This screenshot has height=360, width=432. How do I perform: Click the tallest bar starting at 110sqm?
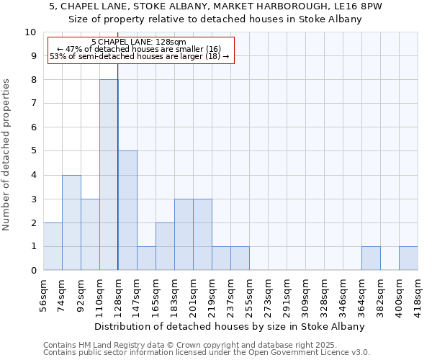[x=109, y=175]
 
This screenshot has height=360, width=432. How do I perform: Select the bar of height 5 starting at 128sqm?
[x=127, y=210]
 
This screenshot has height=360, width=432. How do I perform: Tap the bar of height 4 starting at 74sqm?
[x=71, y=222]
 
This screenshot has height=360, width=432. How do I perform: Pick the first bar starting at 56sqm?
[x=53, y=246]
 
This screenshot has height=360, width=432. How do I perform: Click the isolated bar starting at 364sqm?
[x=371, y=258]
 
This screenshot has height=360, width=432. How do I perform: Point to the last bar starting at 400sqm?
[x=408, y=258]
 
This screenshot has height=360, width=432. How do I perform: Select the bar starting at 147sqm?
[x=146, y=258]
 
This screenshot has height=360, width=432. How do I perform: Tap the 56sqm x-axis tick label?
[x=44, y=296]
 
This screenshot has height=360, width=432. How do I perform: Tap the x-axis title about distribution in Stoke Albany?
[x=230, y=326]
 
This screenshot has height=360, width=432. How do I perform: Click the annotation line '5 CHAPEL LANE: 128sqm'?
[x=139, y=42]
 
